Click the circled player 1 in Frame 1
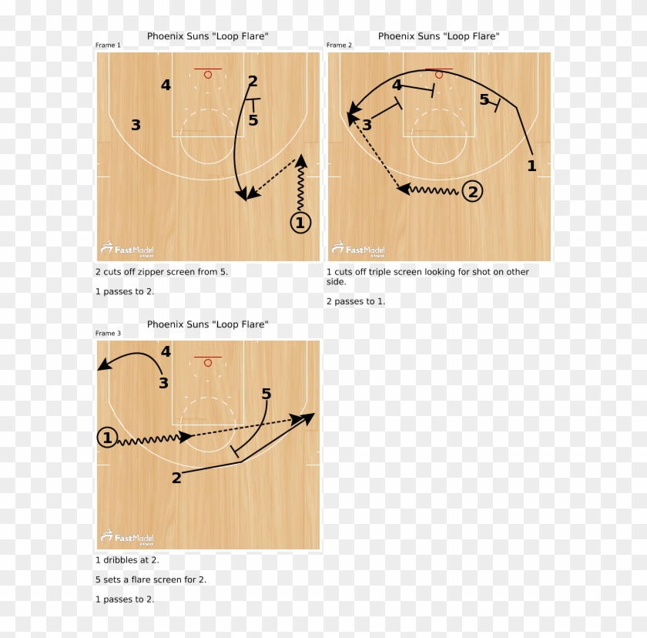point(300,223)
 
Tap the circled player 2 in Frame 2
point(472,191)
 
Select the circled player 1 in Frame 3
point(107,438)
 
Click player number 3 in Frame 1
point(136,125)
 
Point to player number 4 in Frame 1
point(166,85)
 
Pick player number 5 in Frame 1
point(253,120)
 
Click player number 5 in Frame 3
point(266,394)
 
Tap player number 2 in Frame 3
point(176,478)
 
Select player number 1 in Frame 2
point(531,165)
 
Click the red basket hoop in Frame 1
point(208,74)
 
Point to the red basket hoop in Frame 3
point(208,362)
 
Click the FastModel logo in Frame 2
point(359,250)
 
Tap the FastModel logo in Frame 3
point(128,538)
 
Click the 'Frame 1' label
point(108,45)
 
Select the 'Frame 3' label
point(108,334)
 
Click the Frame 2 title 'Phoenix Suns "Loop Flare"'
point(438,36)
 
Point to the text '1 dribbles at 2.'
point(127,560)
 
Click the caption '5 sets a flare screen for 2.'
point(151,579)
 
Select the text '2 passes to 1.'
point(355,301)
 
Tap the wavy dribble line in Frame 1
point(300,189)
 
